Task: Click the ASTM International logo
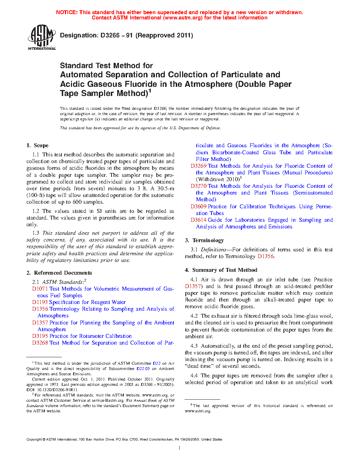click(42, 37)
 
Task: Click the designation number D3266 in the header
click(110, 35)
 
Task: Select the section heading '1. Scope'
click(37, 145)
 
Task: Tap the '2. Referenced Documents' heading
click(59, 273)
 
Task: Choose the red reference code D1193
click(40, 302)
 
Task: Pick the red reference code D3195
click(40, 336)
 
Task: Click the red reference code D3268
click(40, 343)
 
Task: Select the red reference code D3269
click(198, 166)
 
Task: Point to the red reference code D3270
click(198, 186)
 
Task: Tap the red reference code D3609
click(198, 207)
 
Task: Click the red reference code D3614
click(198, 220)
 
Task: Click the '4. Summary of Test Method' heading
click(221, 270)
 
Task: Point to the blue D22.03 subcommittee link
click(143, 369)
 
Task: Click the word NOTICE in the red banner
click(67, 12)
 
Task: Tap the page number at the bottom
click(180, 448)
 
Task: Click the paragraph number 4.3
click(194, 346)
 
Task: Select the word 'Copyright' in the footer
click(34, 440)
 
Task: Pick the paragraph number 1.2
click(36, 211)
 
